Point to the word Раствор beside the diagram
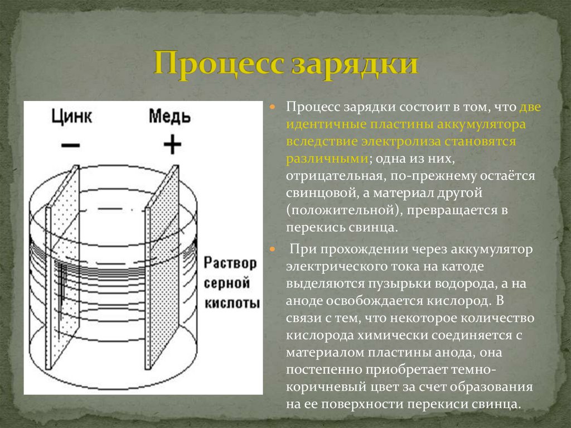point(230,263)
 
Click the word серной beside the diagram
point(229,283)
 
